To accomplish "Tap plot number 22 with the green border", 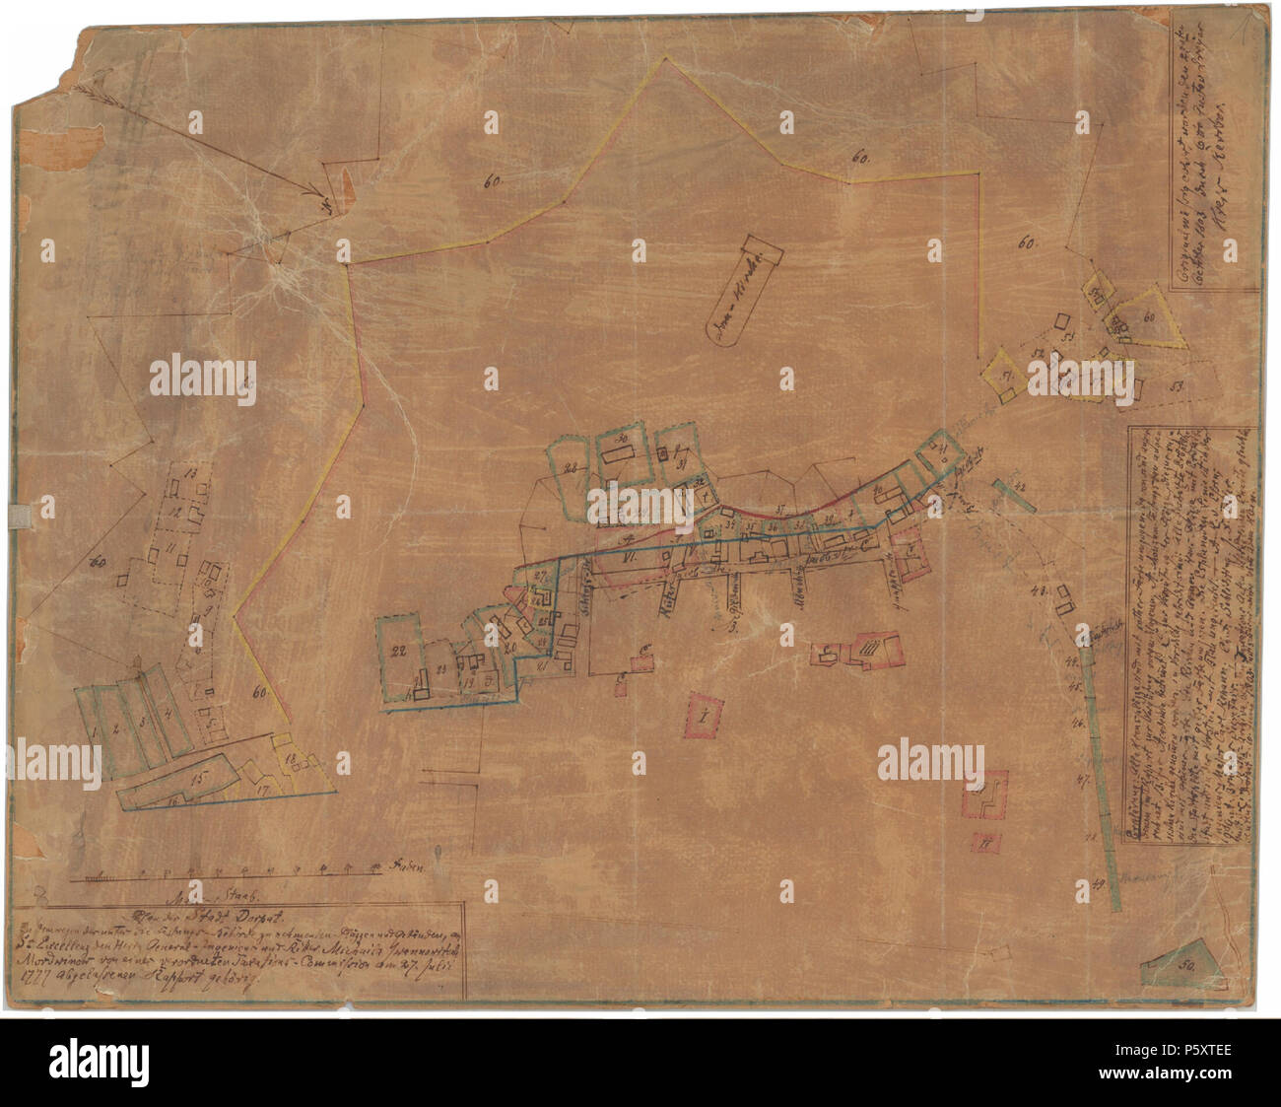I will [x=399, y=651].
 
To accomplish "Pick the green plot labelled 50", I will [x=1183, y=967].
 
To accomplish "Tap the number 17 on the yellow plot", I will [x=262, y=791].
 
